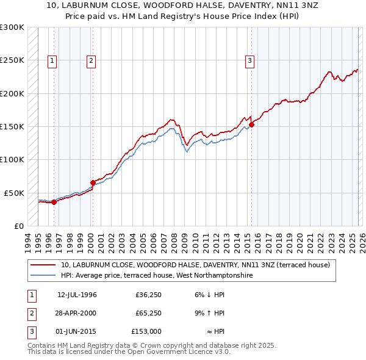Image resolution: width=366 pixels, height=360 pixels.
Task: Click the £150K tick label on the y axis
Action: coord(12,126)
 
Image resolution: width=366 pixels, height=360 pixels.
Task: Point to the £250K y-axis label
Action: coord(12,60)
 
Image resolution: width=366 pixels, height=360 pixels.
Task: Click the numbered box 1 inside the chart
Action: coord(52,60)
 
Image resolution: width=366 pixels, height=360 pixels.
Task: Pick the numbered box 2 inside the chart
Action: coord(91,60)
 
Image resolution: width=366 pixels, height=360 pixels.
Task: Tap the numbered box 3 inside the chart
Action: coord(250,60)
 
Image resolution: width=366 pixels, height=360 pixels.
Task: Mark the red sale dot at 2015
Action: coord(252,124)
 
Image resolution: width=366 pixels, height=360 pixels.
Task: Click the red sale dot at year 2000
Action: coord(93,182)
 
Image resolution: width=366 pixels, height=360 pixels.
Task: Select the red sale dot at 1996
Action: coord(54,202)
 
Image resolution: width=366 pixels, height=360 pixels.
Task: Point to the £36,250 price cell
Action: coord(148,294)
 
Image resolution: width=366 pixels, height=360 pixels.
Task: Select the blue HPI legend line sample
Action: coord(43,275)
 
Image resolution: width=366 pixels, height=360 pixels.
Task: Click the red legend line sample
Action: coord(43,265)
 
